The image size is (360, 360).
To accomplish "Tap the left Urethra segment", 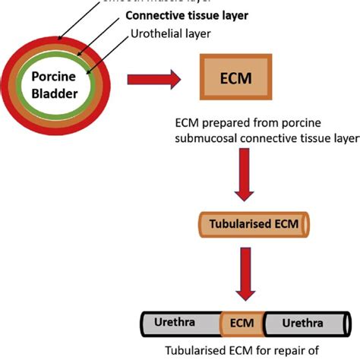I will pyautogui.click(x=175, y=322).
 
